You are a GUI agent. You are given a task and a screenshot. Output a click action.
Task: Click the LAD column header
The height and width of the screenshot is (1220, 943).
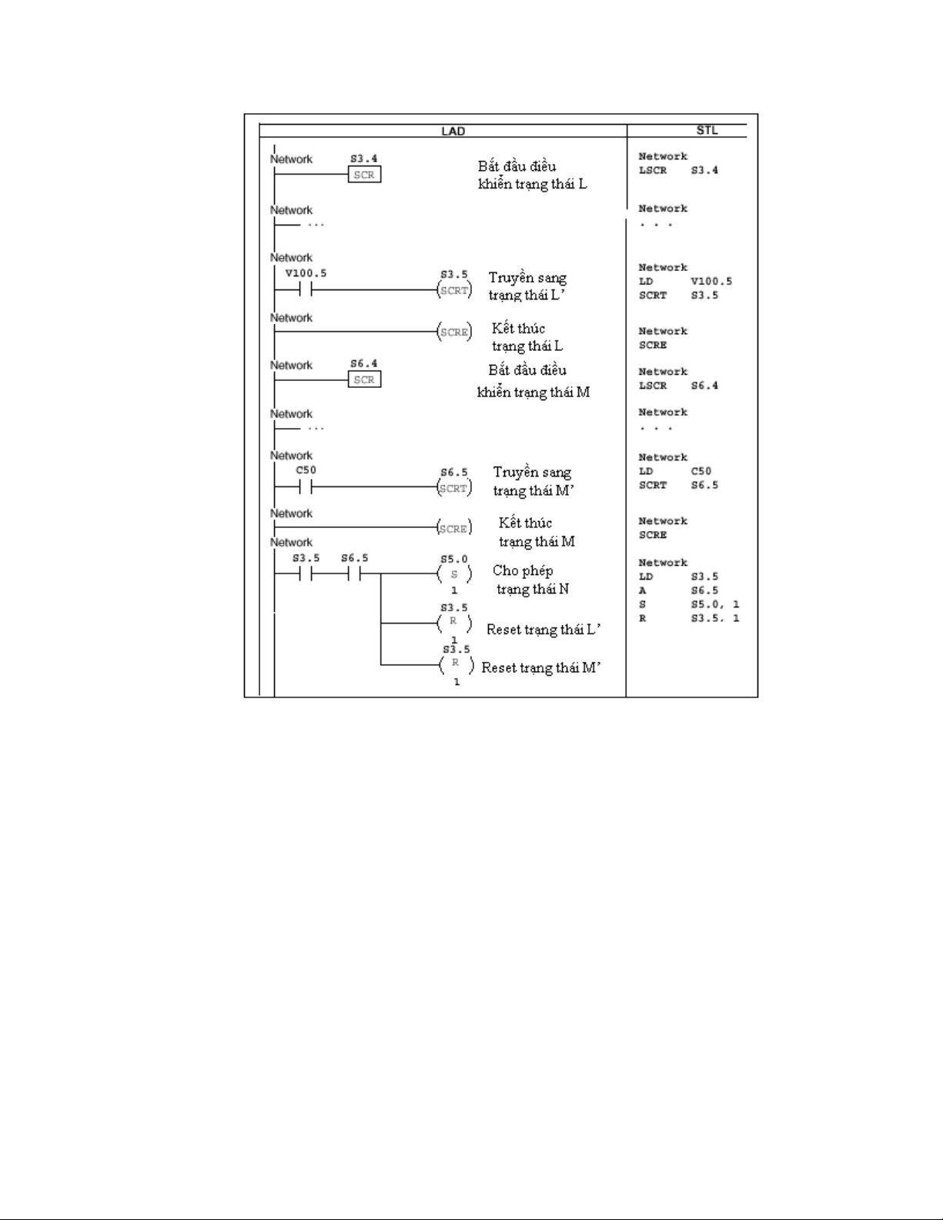[x=453, y=131]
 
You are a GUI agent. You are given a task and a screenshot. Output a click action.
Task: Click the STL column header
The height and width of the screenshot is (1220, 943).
[x=707, y=130]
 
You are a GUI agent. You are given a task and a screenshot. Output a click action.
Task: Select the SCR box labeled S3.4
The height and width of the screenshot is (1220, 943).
[x=364, y=175]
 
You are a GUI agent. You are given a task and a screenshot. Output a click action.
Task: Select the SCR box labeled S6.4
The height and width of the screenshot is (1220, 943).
[x=364, y=379]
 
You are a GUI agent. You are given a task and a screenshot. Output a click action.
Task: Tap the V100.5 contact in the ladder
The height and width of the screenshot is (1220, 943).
[x=306, y=289]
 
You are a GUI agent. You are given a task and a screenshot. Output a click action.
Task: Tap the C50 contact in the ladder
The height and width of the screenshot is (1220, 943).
[x=306, y=486]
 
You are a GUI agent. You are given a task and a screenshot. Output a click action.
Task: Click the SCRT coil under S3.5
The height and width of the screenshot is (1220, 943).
[x=455, y=290]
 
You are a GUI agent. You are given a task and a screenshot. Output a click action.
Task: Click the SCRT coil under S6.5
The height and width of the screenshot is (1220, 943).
[x=455, y=488]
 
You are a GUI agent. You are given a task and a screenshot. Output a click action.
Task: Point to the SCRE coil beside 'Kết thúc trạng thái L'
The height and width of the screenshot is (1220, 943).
[x=455, y=332]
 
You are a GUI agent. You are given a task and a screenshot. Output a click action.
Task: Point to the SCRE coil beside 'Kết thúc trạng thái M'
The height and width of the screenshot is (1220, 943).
[x=455, y=528]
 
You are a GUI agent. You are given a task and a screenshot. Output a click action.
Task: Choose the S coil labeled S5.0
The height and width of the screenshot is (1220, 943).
[x=454, y=574]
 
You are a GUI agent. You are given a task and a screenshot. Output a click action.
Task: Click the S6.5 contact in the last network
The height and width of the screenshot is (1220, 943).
[x=354, y=573]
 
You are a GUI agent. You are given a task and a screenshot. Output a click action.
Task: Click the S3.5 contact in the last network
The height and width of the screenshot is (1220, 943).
[x=306, y=573]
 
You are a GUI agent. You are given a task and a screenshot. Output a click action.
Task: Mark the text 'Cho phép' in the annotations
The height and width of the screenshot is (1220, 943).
[x=523, y=571]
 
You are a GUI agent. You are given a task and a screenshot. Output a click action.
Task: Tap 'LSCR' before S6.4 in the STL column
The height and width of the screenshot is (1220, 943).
[x=652, y=386]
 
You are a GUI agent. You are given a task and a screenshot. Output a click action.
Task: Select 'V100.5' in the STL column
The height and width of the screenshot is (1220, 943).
[x=711, y=281]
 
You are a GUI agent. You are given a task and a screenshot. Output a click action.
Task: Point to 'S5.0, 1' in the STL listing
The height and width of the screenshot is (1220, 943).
[x=714, y=605]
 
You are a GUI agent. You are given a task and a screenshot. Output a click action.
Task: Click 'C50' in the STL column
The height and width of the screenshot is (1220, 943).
[x=701, y=471]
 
